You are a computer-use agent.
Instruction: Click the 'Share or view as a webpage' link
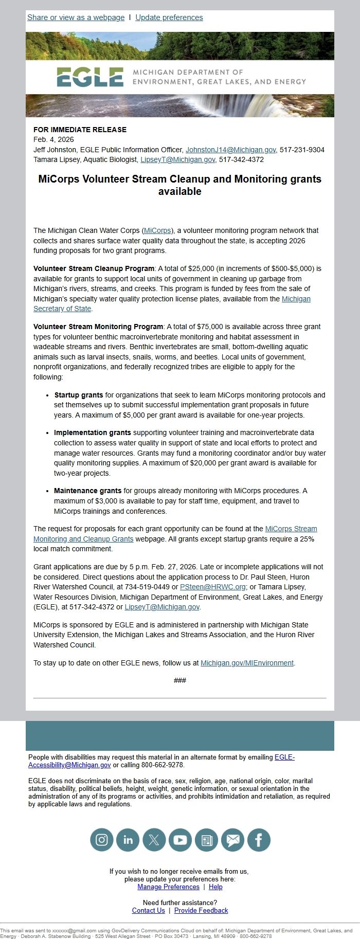[x=76, y=17]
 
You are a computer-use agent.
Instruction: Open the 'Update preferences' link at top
[x=169, y=17]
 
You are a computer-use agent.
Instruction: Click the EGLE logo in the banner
[x=90, y=77]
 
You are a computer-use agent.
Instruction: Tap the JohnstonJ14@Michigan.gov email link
[x=230, y=150]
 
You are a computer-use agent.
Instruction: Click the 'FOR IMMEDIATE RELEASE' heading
[x=80, y=130]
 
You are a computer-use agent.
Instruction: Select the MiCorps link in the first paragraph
[x=157, y=230]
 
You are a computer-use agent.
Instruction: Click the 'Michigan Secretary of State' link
[x=296, y=299]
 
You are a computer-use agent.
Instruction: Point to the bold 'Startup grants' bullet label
[x=78, y=395]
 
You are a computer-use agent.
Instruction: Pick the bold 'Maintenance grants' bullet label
[x=87, y=491]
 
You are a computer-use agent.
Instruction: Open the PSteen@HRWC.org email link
[x=212, y=587]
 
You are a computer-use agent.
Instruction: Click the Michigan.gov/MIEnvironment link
[x=247, y=663]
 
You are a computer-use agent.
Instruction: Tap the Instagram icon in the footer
[x=102, y=840]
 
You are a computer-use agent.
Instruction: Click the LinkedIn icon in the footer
[x=128, y=840]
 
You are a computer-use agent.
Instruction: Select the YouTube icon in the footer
[x=180, y=840]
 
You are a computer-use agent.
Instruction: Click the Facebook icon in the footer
[x=259, y=840]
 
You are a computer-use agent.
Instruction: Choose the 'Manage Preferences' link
[x=168, y=887]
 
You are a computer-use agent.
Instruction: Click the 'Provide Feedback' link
[x=201, y=910]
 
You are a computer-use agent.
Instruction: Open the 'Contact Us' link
[x=148, y=910]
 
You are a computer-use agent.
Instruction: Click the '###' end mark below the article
[x=180, y=680]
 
